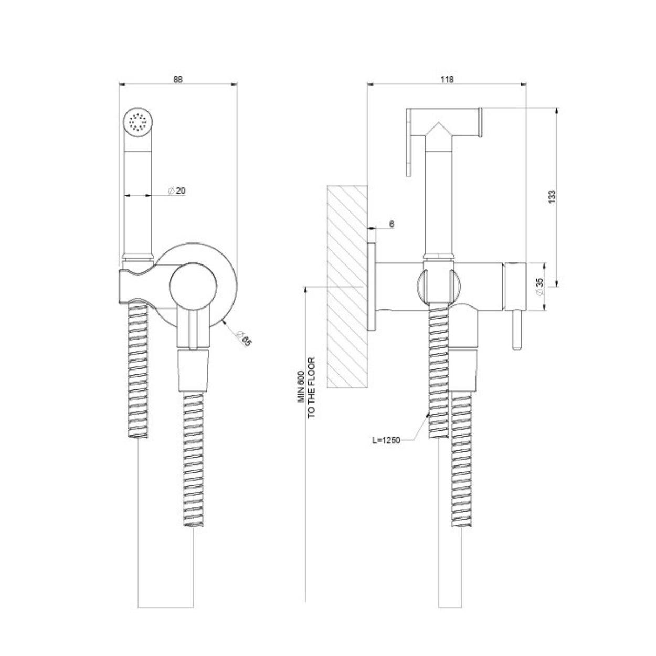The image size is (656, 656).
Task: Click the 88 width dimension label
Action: (x=178, y=79)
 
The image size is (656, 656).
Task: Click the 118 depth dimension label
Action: (x=447, y=79)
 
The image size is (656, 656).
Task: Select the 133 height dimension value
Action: (x=552, y=197)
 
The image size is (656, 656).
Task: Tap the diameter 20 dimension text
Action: (x=177, y=191)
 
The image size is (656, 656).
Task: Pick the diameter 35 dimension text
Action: (x=539, y=287)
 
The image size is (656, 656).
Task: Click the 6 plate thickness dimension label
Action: (x=392, y=224)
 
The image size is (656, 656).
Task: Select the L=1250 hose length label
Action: (x=386, y=440)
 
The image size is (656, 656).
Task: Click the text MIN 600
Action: (x=301, y=387)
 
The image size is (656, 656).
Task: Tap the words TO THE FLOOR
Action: (x=311, y=388)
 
